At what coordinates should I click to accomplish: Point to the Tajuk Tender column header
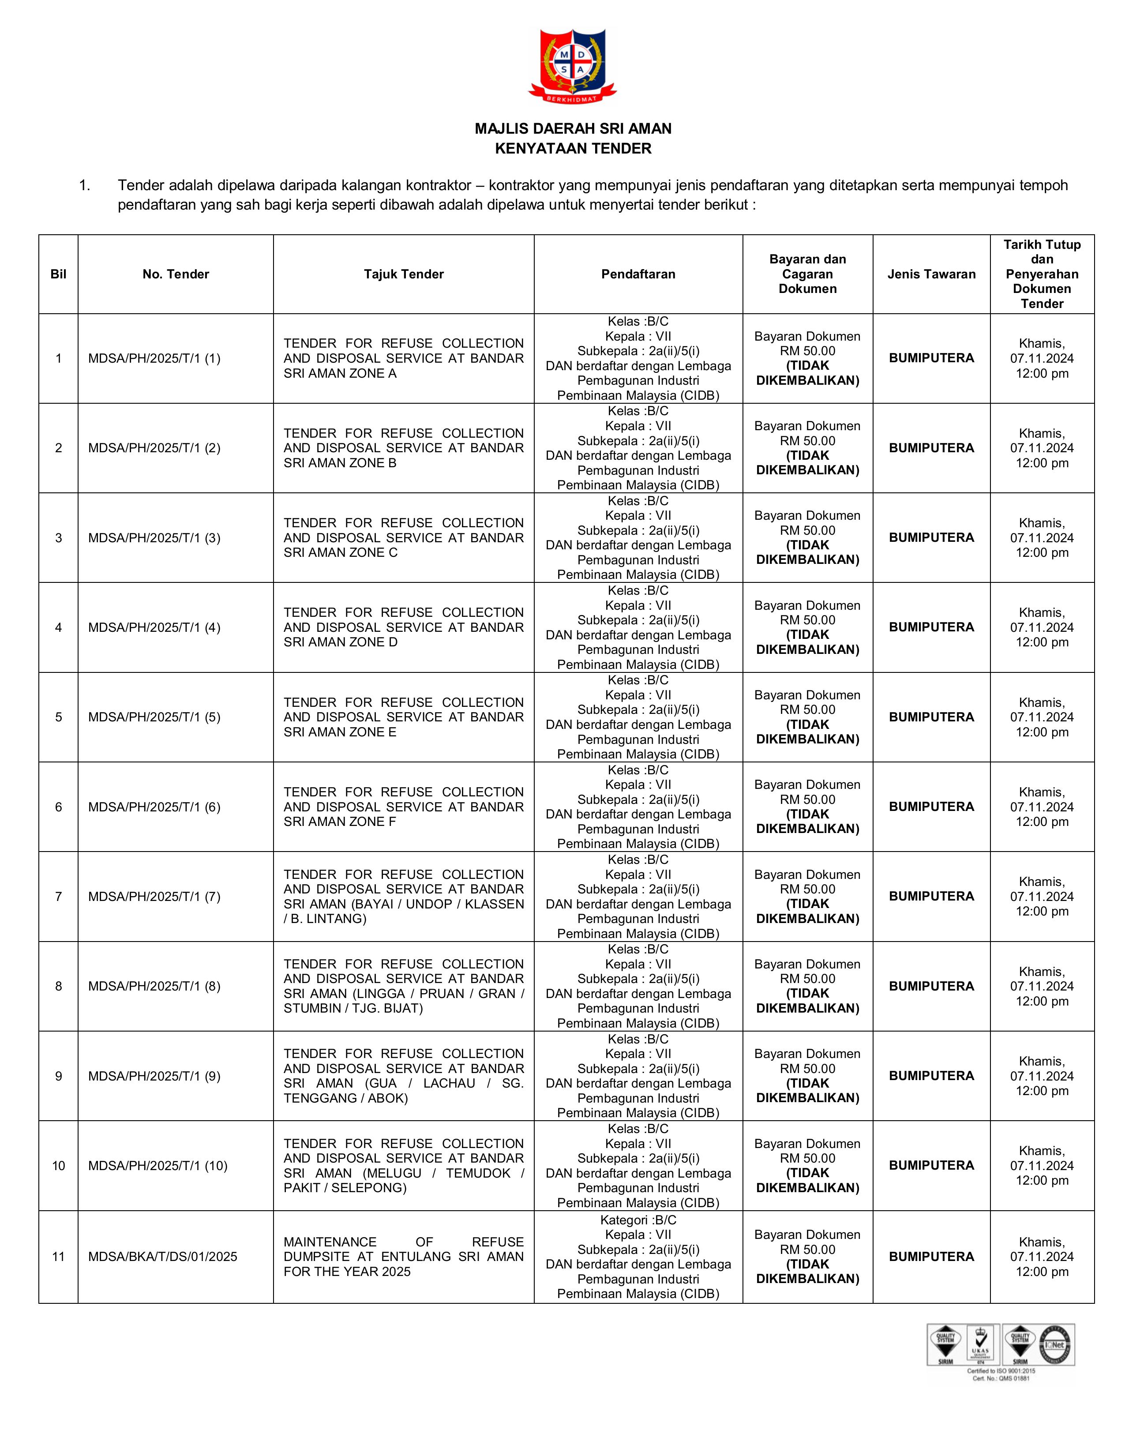coord(403,274)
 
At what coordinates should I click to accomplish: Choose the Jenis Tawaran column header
coord(931,274)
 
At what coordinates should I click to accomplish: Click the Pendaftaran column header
coord(638,274)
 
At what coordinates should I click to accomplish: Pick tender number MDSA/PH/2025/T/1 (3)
coord(154,538)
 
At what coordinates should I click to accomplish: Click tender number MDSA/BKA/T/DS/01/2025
coord(163,1257)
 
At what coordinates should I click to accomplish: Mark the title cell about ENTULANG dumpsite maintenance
coord(403,1257)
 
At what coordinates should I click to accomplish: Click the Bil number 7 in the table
coord(59,897)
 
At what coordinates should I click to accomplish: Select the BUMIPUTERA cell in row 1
coord(931,358)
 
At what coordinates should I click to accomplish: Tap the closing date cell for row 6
coord(1042,807)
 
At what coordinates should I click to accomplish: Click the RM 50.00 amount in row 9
coord(807,1069)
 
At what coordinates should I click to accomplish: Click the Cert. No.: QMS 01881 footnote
coord(1001,1378)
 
